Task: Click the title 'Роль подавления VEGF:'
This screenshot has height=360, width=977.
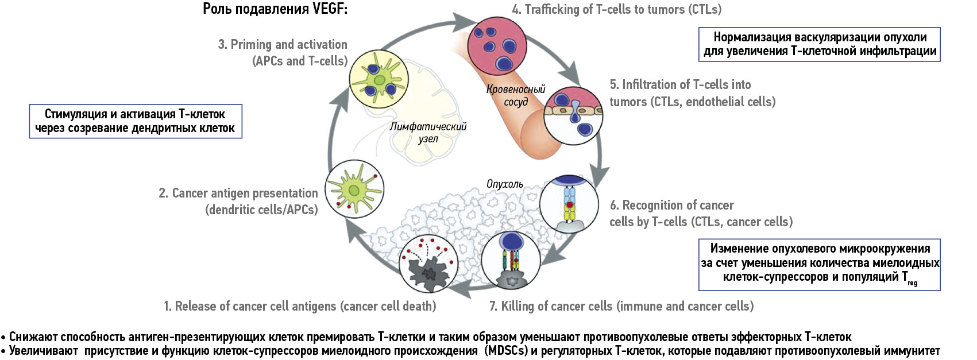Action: pos(275,9)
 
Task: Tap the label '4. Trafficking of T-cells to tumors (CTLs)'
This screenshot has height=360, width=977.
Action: pos(616,9)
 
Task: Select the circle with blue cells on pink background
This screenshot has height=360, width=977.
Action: pos(497,46)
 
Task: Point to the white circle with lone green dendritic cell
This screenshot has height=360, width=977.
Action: pos(354,188)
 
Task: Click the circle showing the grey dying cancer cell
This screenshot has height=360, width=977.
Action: pos(429,264)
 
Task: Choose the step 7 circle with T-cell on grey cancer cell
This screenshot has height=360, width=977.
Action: pos(509,260)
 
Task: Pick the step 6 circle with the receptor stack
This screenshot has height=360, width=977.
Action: pos(569,204)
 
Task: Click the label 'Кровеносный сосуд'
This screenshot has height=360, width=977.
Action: pos(516,95)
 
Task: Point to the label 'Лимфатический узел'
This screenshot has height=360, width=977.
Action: pos(428,132)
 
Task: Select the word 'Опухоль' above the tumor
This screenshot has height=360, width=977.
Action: pos(504,184)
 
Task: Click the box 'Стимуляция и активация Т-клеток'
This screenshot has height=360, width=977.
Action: pos(136,121)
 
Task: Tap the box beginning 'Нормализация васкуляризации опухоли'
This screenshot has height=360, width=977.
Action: pos(820,44)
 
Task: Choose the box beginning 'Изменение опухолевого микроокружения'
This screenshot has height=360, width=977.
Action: pos(820,264)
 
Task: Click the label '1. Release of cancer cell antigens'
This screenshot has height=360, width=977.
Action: pos(300,307)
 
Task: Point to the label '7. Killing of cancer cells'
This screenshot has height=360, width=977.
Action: pos(621,307)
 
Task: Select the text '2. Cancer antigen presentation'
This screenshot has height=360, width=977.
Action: pos(238,193)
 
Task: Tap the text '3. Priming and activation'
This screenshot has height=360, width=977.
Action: pos(283,45)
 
